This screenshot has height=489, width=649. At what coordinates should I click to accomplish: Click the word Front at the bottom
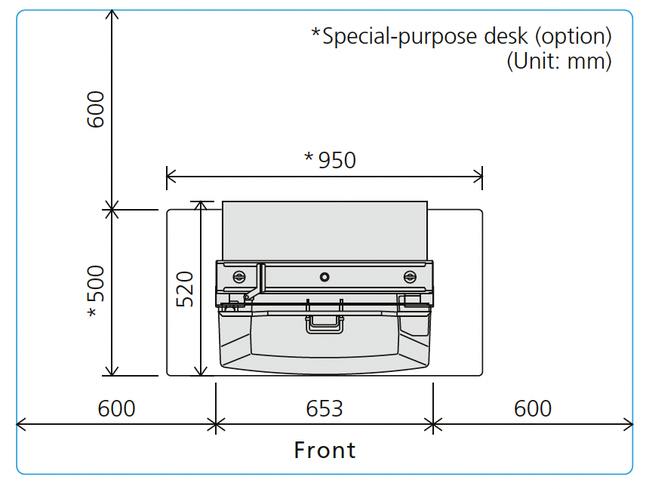[x=324, y=450]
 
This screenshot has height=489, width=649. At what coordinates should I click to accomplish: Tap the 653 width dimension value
[x=324, y=409]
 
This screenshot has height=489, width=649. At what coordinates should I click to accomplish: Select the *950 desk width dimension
[x=330, y=160]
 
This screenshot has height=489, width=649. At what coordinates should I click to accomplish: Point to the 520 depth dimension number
[x=185, y=289]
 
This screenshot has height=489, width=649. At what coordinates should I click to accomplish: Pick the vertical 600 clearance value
[x=96, y=109]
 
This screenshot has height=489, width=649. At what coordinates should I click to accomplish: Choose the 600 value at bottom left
[x=116, y=409]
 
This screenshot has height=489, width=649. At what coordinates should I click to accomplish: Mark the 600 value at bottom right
[x=533, y=409]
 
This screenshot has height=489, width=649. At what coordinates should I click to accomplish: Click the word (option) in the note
[x=574, y=36]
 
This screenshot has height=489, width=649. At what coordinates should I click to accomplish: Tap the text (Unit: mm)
[x=559, y=61]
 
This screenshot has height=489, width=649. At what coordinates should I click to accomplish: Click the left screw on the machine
[x=238, y=277]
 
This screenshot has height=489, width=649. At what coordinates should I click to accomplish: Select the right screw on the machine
[x=410, y=277]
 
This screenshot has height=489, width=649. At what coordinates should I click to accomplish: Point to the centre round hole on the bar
[x=324, y=277]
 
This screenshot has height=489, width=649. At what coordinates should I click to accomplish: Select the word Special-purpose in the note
[x=399, y=36]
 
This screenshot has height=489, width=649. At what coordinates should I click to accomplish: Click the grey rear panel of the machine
[x=324, y=231]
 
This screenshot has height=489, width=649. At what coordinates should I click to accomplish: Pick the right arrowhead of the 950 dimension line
[x=478, y=177]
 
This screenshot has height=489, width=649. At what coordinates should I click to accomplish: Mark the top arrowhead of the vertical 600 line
[x=112, y=14]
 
